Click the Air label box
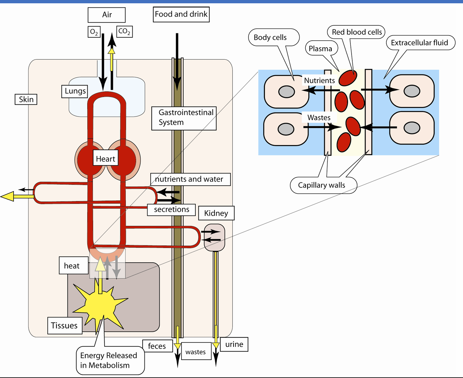click(x=107, y=15)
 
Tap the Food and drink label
click(x=181, y=15)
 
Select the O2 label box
click(x=94, y=32)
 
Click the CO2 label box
click(x=124, y=31)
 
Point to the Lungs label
click(x=75, y=91)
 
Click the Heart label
click(x=106, y=159)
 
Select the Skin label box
click(x=26, y=99)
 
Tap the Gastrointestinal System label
click(x=184, y=118)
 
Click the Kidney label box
click(x=216, y=213)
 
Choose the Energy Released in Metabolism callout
click(x=109, y=360)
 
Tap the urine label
click(x=234, y=344)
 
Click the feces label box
click(x=157, y=346)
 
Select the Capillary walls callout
click(x=321, y=185)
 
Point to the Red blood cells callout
click(x=357, y=32)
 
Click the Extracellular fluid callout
click(x=419, y=43)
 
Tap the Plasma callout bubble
click(x=320, y=49)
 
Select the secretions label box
click(x=172, y=210)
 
